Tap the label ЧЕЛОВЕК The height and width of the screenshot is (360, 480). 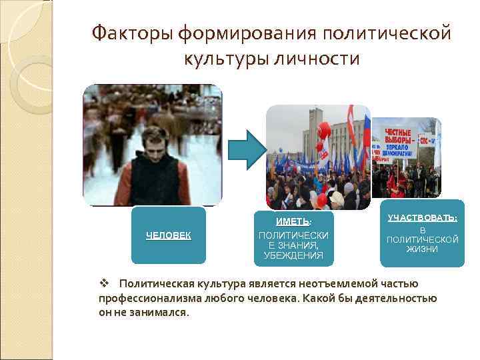pyautogui.click(x=169, y=235)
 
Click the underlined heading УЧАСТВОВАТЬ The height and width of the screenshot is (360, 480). pyautogui.click(x=422, y=217)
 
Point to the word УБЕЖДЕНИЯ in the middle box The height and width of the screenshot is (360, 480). pyautogui.click(x=293, y=255)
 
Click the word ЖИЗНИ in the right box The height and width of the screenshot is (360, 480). pyautogui.click(x=423, y=249)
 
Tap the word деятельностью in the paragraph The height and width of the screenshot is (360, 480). pyautogui.click(x=397, y=298)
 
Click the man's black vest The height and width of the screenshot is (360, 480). pyautogui.click(x=155, y=180)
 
